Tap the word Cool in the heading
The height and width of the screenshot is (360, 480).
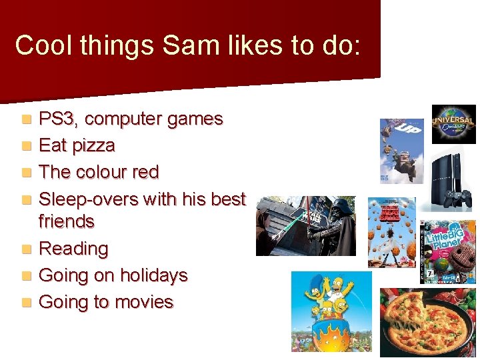[40, 45]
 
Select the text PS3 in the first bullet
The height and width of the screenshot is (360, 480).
[59, 119]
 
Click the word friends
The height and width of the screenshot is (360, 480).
[67, 221]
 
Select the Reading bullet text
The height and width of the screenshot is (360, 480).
[73, 249]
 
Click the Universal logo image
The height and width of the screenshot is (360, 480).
[453, 124]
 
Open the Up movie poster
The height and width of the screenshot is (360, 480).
[401, 151]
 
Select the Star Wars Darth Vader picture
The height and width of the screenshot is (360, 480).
[306, 226]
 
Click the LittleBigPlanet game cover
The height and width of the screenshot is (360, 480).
[448, 251]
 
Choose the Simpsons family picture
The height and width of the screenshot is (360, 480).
[331, 311]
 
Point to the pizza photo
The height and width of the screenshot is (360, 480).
[427, 321]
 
